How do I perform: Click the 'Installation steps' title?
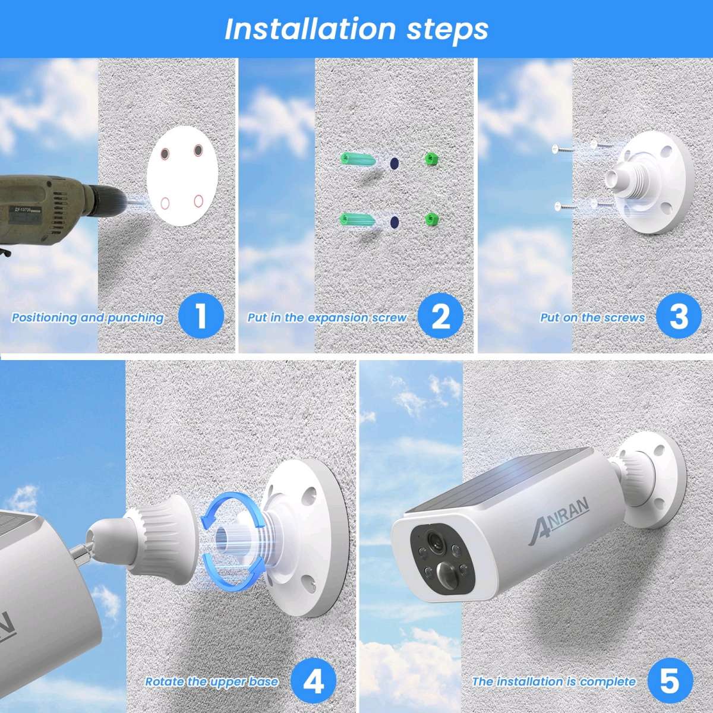pos(356,29)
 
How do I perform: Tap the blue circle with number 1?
pos(201,316)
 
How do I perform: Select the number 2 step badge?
pos(440,316)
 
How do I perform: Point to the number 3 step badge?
pos(679,316)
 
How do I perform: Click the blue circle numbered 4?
pos(314,680)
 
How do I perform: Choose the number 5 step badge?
pos(670,680)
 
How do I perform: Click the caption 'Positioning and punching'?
pos(87,318)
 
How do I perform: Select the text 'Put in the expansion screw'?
pos(327,318)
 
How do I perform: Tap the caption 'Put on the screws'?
pos(592,318)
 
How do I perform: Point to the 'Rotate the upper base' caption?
pos(212,682)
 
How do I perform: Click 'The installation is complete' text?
pos(554,682)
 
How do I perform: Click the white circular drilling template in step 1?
pos(182,176)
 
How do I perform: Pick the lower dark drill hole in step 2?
pos(393,222)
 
